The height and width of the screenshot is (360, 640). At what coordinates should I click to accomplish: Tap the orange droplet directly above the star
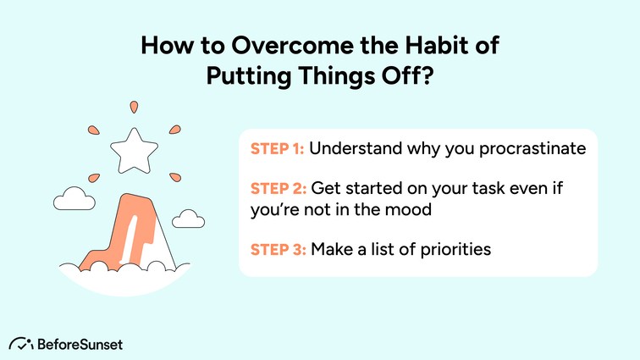(132, 108)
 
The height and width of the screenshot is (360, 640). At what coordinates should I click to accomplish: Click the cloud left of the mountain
(72, 200)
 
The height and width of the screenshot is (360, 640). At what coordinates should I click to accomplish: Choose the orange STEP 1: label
(277, 149)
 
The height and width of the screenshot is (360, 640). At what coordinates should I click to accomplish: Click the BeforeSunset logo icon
(20, 343)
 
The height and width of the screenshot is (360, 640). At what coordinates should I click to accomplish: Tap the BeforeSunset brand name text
(80, 343)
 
